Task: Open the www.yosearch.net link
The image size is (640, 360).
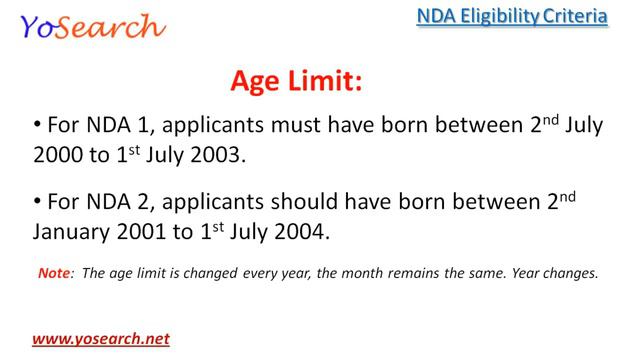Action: tap(100, 338)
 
